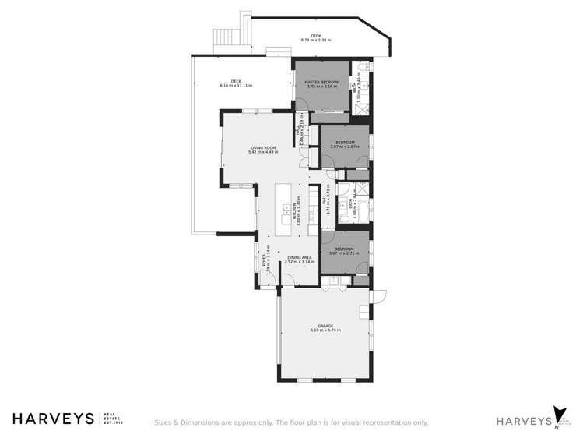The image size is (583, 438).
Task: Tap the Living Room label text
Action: (263, 147)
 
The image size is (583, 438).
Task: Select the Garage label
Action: (325, 326)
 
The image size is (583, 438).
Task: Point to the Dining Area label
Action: (299, 257)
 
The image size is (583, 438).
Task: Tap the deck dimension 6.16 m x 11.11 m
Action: (236, 85)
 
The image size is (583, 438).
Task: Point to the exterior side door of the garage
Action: (379, 295)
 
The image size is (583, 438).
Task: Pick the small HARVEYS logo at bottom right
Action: (522, 421)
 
